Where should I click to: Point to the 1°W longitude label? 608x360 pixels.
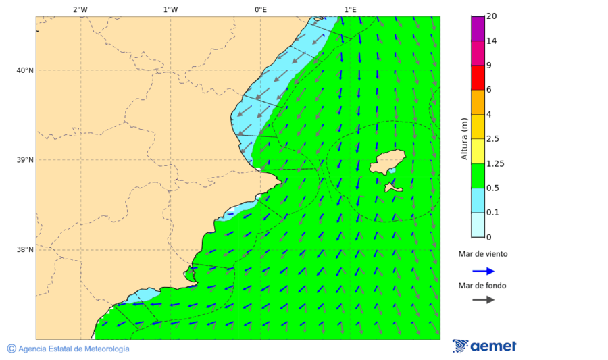[x=170, y=9]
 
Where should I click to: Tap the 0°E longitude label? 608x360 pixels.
[x=260, y=9]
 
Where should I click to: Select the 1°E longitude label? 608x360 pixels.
[x=350, y=9]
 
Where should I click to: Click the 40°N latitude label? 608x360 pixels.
[x=25, y=70]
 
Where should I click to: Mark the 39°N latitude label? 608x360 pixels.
[x=25, y=160]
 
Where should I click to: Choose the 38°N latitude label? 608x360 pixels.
[x=25, y=250]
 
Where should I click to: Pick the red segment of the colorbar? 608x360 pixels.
[x=478, y=78]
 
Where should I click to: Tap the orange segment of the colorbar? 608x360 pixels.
[x=478, y=102]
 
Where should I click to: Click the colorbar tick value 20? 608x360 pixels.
[x=491, y=16]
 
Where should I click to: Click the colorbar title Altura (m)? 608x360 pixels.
[x=464, y=138]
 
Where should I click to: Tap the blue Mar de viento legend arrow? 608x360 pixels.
[x=483, y=271]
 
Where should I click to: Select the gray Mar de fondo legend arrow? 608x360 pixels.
[x=483, y=300]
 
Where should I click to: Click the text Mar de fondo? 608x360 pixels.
[x=482, y=286]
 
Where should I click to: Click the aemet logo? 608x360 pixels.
[x=484, y=346]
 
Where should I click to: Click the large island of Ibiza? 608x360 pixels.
[x=387, y=162]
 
